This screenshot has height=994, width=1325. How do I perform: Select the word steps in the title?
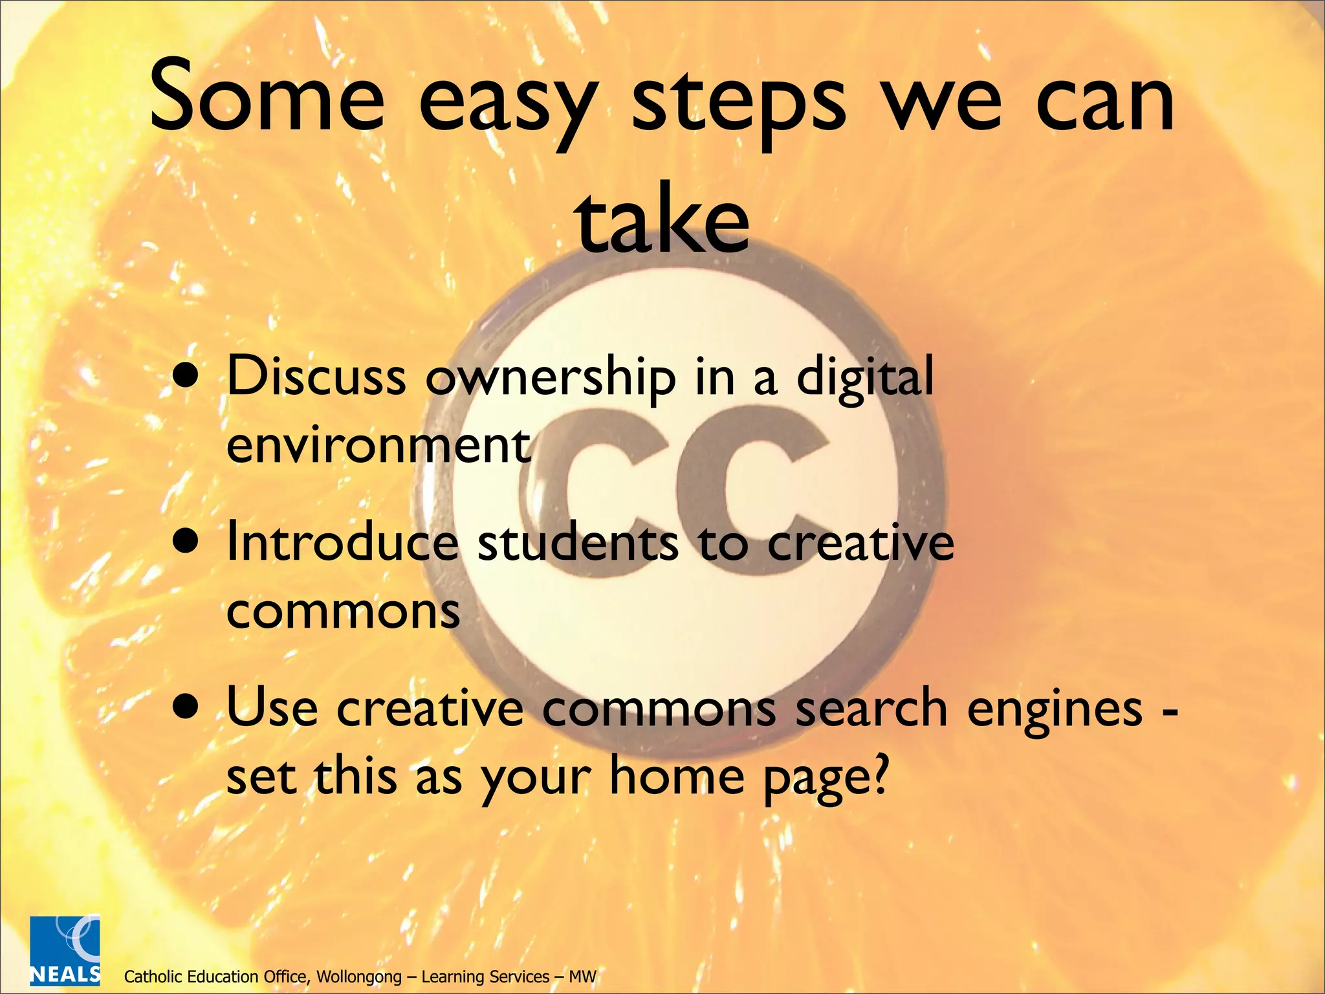(738, 104)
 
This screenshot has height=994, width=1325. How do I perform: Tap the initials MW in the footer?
(582, 977)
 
